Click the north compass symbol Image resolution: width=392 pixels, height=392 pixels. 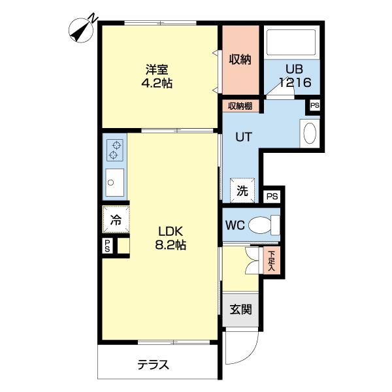pyautogui.click(x=84, y=29)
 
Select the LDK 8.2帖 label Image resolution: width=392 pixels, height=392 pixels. pyautogui.click(x=172, y=238)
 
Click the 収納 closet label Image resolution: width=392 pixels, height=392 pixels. pyautogui.click(x=240, y=59)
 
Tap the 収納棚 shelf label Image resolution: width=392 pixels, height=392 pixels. pyautogui.click(x=240, y=106)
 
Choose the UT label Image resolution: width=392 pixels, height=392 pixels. pyautogui.click(x=243, y=137)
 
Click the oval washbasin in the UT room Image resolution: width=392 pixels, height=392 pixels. pyautogui.click(x=310, y=133)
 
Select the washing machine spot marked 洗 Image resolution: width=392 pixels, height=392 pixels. pyautogui.click(x=242, y=191)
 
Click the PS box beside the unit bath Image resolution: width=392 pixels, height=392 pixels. pyautogui.click(x=314, y=105)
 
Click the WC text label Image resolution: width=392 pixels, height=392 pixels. pyautogui.click(x=235, y=225)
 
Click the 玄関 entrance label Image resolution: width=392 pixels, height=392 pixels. pyautogui.click(x=240, y=310)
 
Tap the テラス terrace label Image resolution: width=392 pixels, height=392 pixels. pyautogui.click(x=153, y=365)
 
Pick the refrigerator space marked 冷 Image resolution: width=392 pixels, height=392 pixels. pyautogui.click(x=116, y=220)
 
